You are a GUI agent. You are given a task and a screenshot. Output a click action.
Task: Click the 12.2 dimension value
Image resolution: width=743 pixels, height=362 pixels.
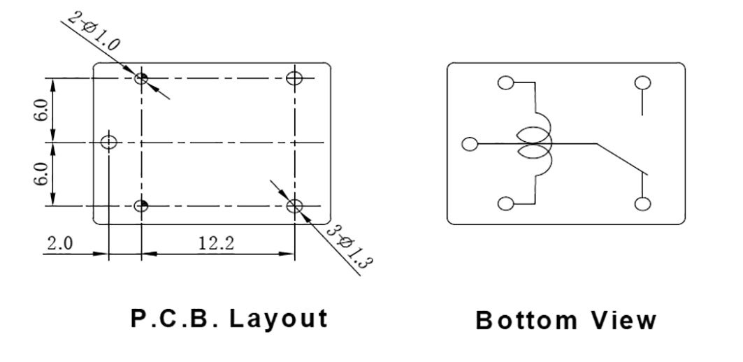pos(215,243)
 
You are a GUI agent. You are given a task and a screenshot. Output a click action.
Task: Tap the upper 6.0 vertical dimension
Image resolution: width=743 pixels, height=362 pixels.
pos(41,110)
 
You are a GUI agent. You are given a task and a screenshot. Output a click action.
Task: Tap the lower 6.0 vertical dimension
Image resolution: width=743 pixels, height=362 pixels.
pos(41,174)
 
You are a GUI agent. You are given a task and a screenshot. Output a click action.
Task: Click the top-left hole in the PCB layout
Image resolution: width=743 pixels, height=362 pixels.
pos(141,78)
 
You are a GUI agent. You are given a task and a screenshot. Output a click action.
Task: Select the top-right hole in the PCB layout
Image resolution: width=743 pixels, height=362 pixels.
pos(295,78)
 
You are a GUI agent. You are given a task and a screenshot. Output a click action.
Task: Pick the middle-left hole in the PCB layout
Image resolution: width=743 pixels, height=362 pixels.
pos(108,143)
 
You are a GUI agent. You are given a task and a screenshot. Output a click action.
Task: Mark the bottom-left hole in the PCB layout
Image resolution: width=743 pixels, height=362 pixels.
pos(141,205)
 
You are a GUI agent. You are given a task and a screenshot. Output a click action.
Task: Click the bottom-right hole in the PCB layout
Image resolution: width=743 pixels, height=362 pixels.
pos(295,205)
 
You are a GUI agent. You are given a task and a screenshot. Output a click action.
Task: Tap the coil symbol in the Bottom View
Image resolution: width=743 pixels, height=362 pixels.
pos(535,143)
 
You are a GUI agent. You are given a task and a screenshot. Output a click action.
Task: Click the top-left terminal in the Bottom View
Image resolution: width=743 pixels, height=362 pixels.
pos(505,83)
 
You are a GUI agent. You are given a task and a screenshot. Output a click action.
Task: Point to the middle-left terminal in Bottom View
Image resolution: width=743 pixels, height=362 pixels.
pos(470,144)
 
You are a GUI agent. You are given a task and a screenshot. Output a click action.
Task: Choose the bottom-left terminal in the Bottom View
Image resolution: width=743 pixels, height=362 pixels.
pos(505,204)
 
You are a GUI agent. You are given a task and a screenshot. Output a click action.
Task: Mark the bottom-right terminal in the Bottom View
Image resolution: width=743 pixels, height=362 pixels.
pos(642,204)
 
